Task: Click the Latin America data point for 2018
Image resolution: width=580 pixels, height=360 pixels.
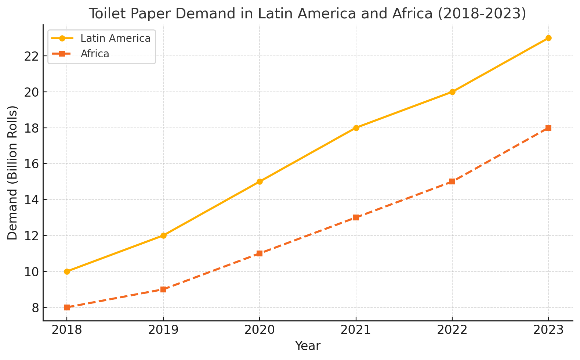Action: [67, 271]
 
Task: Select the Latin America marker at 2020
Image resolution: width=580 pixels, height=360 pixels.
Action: [260, 181]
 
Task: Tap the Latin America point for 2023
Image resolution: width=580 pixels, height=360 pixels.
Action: [548, 38]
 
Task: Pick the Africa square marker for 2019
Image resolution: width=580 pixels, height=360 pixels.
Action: [163, 289]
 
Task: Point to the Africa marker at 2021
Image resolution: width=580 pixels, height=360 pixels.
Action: [356, 217]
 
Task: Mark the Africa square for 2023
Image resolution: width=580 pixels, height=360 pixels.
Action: [548, 128]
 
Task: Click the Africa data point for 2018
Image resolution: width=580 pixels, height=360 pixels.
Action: [67, 307]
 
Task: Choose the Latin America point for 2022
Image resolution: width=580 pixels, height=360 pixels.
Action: [452, 92]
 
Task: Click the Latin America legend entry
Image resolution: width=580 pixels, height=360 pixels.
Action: [115, 39]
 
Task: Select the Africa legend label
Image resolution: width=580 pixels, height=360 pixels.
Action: [95, 54]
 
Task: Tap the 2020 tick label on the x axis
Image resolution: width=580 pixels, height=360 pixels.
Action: [260, 330]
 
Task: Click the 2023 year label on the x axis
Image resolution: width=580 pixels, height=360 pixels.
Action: [548, 330]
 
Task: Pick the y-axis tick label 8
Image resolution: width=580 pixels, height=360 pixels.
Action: [35, 307]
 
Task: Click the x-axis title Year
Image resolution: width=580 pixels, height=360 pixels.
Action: [308, 346]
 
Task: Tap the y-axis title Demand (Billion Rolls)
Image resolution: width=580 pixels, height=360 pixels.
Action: [13, 173]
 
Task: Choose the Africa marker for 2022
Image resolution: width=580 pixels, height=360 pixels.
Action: [452, 181]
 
